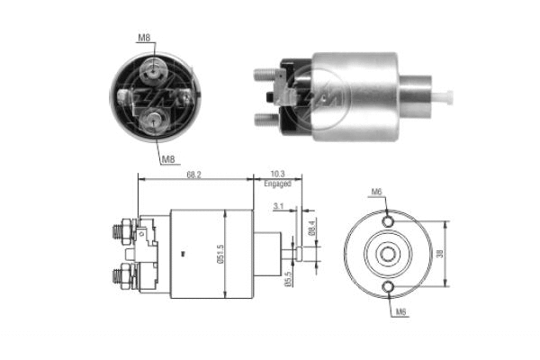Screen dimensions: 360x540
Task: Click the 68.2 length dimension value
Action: coord(193,174)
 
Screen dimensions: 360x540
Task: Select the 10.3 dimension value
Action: coord(277,174)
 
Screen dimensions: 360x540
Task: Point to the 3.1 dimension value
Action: coord(278,207)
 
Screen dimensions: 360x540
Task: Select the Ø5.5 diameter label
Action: coord(289,280)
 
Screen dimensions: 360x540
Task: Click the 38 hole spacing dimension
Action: coord(439,254)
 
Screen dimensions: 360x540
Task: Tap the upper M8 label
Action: coord(145,38)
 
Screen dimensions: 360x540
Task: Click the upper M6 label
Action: coord(376,191)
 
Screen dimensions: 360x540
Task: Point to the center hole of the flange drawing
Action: coord(388,253)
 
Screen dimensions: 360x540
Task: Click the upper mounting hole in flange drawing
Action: coord(388,220)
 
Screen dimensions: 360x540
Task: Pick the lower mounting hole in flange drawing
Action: coord(388,286)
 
